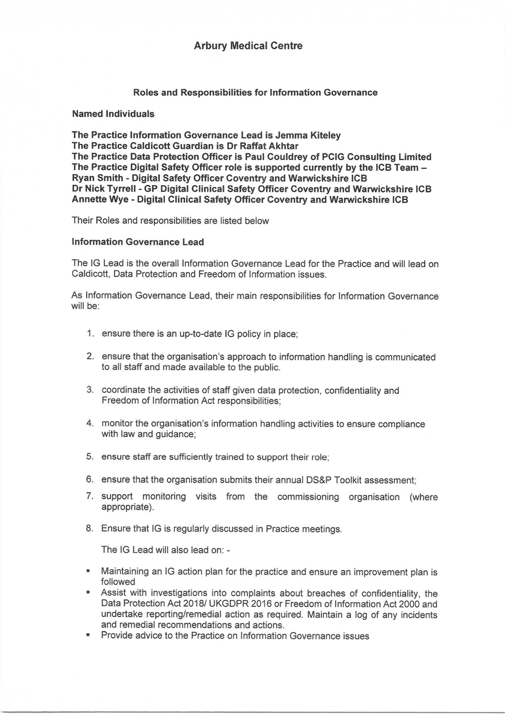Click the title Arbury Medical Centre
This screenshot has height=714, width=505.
click(x=248, y=46)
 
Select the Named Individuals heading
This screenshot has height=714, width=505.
click(x=113, y=114)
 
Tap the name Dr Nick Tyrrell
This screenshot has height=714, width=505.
click(x=107, y=189)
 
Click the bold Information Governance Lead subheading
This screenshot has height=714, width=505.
click(x=137, y=242)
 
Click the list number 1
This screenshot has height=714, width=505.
click(x=90, y=334)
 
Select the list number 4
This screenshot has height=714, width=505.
click(x=90, y=423)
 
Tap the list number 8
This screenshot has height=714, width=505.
click(x=90, y=528)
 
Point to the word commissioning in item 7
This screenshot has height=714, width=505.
click(x=308, y=497)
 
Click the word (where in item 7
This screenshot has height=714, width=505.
click(x=424, y=497)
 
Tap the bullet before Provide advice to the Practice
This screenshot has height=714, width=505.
click(x=88, y=635)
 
